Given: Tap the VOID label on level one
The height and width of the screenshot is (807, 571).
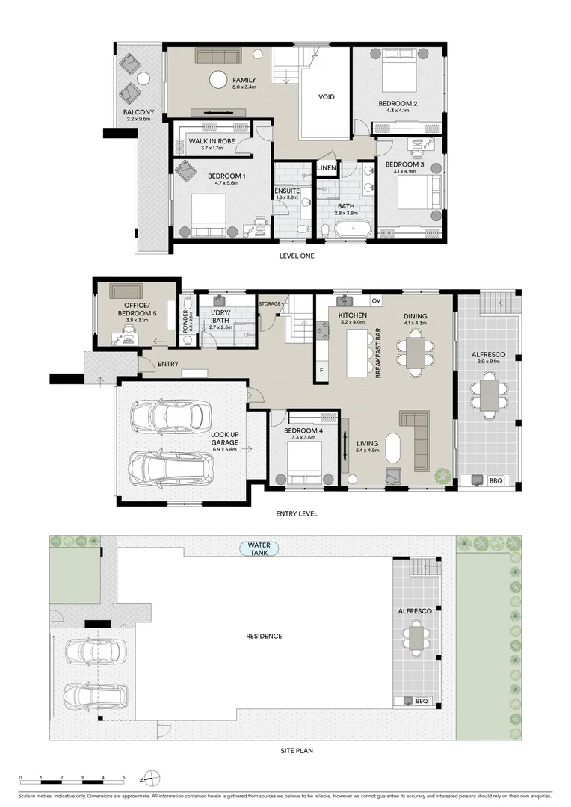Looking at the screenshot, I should tap(327, 97).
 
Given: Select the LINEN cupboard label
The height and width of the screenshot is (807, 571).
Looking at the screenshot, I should tap(327, 168).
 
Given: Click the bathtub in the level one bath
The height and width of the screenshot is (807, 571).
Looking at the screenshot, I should tap(351, 228).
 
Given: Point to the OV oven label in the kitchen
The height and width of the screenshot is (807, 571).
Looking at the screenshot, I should tap(376, 301).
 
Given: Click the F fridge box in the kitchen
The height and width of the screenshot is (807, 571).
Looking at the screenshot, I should tap(321, 369).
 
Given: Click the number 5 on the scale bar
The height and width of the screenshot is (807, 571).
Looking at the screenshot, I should tap(123, 778).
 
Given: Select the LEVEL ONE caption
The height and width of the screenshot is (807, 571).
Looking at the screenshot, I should tap(297, 256).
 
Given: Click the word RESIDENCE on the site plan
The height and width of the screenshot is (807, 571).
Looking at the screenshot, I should tap(264, 636).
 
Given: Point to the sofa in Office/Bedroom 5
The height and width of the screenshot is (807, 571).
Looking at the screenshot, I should tap(127, 290).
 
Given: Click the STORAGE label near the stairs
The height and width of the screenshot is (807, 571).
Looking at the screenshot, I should tap(269, 304).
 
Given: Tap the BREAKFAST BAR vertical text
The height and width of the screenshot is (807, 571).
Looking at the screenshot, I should tap(380, 353).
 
